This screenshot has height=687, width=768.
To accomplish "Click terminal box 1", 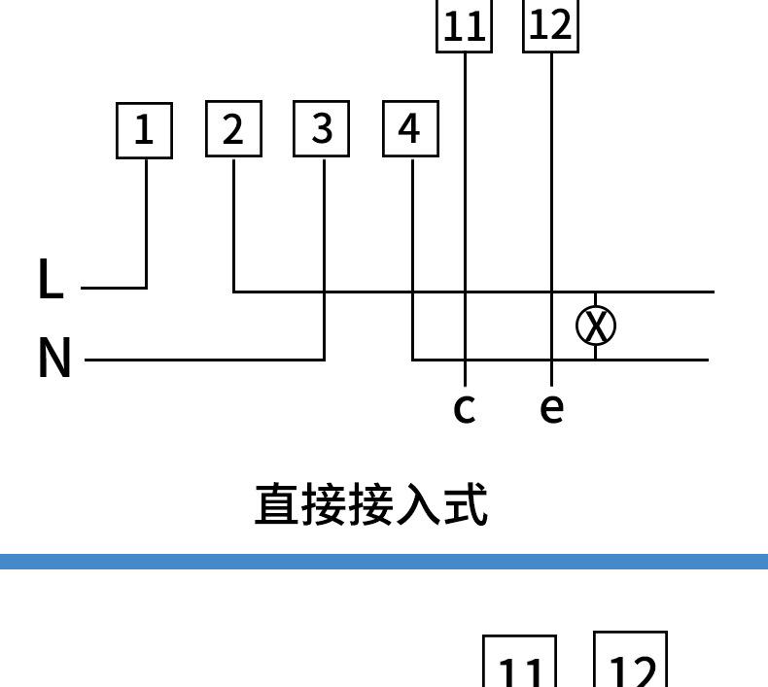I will point(144,129).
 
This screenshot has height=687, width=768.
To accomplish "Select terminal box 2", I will point(233,129).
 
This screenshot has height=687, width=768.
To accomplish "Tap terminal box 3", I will point(322,129).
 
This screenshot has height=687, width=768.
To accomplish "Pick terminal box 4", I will point(410,129).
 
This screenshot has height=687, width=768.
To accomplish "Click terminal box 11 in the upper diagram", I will point(464,25).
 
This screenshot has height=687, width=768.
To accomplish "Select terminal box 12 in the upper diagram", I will point(550,24).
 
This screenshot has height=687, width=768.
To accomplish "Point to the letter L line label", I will point(50,279).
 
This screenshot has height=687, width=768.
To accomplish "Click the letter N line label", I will point(54,358).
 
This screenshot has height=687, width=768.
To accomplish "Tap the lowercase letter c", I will point(465,409).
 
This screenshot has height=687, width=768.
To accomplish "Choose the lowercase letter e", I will point(551,409).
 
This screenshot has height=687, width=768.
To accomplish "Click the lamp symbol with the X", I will point(596,326).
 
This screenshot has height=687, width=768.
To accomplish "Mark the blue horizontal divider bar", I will point(384,562).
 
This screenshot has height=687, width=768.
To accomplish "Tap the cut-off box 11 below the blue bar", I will point(520,665).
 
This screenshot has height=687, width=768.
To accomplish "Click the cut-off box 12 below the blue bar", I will point(630,662).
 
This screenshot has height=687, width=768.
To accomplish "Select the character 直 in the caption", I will point(277,505).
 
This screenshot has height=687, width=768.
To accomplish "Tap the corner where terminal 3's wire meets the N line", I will point(325,360).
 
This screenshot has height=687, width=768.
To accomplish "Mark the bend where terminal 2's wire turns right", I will point(234,291).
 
